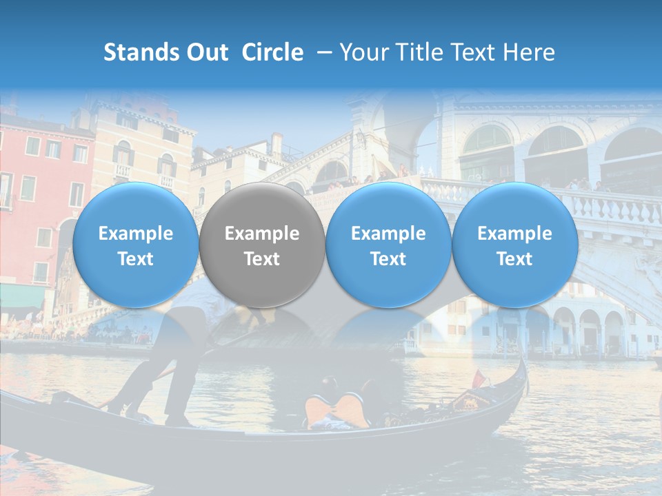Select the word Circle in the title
tap(272, 52)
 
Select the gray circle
tap(262, 245)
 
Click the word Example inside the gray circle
tap(262, 234)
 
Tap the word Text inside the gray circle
tap(262, 259)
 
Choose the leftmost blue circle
tap(136, 245)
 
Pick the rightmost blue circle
tap(514, 245)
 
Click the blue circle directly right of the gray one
tap(388, 245)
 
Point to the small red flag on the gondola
tap(478, 378)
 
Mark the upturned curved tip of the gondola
tap(525, 365)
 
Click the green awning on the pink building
tap(21, 296)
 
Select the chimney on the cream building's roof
tap(277, 145)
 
